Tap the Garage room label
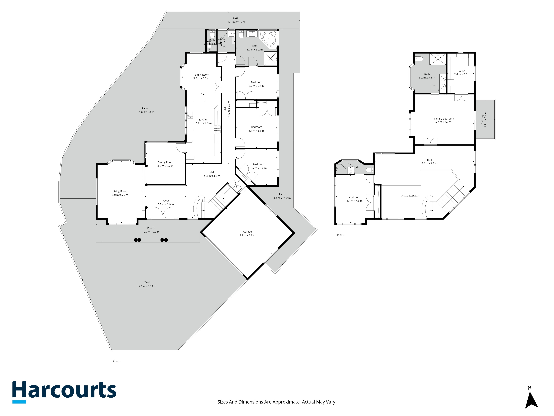pyautogui.click(x=247, y=232)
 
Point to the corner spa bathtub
pyautogui.click(x=269, y=39)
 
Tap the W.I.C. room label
pyautogui.click(x=462, y=71)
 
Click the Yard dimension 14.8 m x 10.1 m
pyautogui.click(x=147, y=286)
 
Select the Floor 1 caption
pyautogui.click(x=116, y=361)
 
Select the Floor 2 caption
pyautogui.click(x=340, y=235)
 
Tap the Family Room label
pyautogui.click(x=201, y=75)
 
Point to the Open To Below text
pyautogui.click(x=410, y=196)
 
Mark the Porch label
pyautogui.click(x=151, y=228)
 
